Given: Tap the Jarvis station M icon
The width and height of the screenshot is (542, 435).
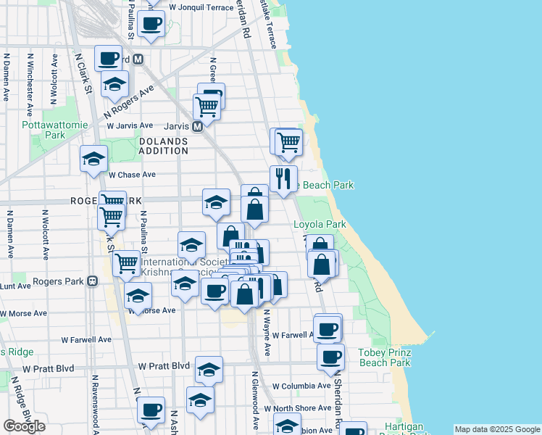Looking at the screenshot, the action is point(196,126).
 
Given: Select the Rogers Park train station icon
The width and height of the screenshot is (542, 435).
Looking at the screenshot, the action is point(92,281).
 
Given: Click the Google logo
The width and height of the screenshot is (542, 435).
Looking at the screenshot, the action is point(24,426).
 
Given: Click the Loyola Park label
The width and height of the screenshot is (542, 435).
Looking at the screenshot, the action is point(320,225).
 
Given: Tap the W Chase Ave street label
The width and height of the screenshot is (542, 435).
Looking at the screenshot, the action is point(132,175).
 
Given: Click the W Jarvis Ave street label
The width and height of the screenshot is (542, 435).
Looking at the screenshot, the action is point(130,125).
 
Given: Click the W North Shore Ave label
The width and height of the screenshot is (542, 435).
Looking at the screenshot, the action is point(302,408).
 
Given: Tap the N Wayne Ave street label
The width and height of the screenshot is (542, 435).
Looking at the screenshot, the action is point(267,333).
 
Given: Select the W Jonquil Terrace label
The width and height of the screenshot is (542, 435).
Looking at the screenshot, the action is point(197,7).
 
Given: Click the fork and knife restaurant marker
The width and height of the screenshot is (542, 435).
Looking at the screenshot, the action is point(283,178).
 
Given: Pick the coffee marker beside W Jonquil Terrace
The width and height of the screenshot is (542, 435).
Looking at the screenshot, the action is point(151,22).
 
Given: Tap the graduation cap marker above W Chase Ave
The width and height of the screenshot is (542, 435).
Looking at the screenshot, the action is point(93,158).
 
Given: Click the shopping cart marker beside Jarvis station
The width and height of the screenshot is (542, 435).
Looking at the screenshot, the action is point(207,107).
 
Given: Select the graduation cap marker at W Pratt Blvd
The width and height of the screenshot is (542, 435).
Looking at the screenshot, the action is point(209,369).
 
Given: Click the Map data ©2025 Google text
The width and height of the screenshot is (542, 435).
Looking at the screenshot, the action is point(497,429).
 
